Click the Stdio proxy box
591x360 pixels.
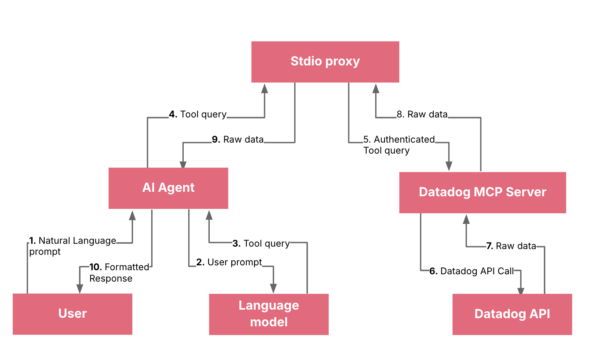click(325, 62)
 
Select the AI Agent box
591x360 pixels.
click(168, 188)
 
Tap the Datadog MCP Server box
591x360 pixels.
click(482, 192)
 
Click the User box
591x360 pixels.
click(72, 314)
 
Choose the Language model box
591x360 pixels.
click(269, 314)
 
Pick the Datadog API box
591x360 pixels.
click(512, 314)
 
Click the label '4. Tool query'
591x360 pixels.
click(198, 115)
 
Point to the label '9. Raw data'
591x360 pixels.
click(238, 140)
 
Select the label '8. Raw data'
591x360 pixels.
click(422, 115)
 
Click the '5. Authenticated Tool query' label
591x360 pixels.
click(399, 145)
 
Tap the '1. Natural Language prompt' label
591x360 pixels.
click(72, 246)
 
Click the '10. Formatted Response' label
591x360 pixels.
click(119, 273)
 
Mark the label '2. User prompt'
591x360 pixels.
click(229, 262)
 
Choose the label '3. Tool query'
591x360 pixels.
click(261, 244)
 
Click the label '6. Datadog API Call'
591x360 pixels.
click(471, 271)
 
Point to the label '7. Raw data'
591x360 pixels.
click(511, 246)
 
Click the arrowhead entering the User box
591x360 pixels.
click(80, 288)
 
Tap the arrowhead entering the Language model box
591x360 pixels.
click(273, 288)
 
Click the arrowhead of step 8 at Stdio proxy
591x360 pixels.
click(376, 89)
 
